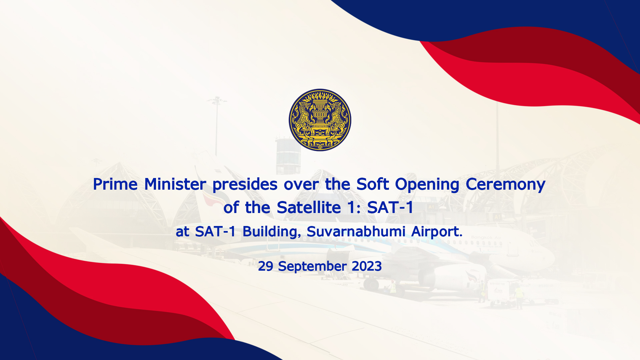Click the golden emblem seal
tap(320, 120)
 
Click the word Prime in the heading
tap(115, 184)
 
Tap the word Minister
tap(175, 184)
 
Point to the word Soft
tap(373, 184)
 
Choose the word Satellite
tap(309, 208)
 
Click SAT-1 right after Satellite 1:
tap(390, 208)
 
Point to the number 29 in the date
tap(266, 266)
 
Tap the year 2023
tap(367, 266)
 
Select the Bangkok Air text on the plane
tap(486, 237)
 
